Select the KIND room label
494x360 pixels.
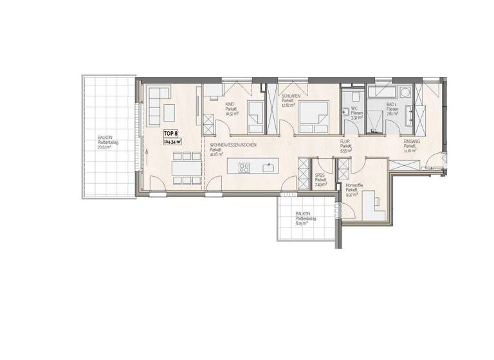230,105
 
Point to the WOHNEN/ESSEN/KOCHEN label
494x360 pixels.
233,145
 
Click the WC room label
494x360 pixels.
354,109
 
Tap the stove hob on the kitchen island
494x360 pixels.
244,168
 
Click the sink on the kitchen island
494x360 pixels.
268,168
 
